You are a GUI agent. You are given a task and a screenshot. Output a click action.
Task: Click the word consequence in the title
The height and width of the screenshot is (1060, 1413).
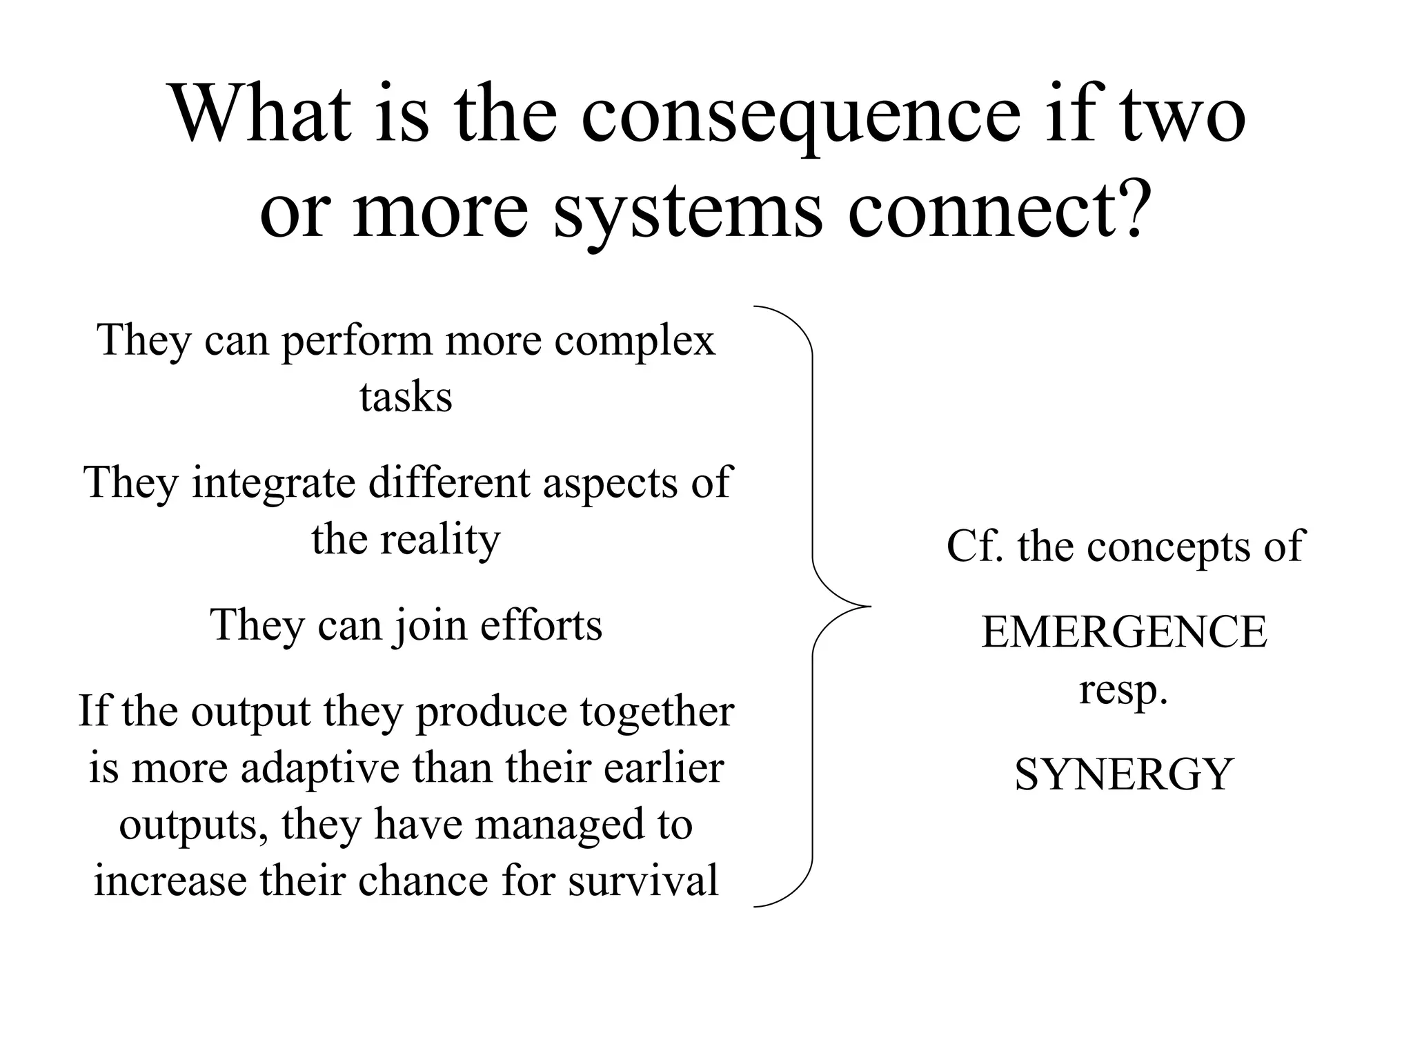[800, 114]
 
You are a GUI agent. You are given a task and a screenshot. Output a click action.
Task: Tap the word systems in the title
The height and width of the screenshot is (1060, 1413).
[689, 210]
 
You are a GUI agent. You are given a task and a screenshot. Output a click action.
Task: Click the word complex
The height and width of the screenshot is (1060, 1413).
[635, 341]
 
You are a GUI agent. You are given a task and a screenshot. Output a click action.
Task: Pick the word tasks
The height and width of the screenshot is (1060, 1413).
[406, 397]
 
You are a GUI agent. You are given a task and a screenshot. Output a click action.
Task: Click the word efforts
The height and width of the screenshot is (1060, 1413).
[541, 625]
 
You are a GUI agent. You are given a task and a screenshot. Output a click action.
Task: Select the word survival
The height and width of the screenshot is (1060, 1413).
[643, 881]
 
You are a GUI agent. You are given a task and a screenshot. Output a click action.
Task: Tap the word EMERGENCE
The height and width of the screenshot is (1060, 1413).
[1124, 631]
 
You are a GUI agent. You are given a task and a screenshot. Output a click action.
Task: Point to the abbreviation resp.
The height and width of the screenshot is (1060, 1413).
[1123, 690]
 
